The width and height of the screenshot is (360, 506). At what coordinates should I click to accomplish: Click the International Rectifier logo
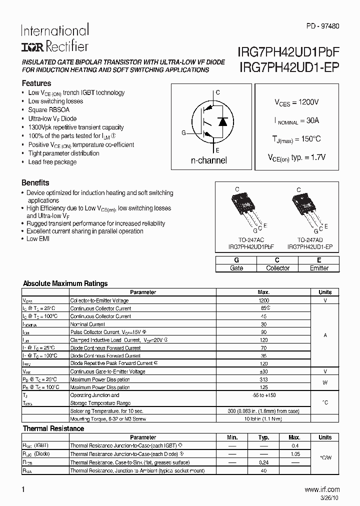[54, 38]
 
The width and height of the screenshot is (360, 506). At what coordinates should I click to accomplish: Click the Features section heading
[36, 83]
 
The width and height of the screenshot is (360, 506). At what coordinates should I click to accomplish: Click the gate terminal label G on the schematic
[183, 132]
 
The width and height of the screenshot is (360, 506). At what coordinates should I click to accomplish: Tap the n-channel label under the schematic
[209, 160]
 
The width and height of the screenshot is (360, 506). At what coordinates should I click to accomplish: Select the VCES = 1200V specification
[296, 102]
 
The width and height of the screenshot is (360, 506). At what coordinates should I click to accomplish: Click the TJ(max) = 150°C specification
[296, 139]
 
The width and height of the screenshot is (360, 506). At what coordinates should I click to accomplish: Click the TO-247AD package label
[309, 239]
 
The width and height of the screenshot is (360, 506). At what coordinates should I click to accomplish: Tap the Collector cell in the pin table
[277, 268]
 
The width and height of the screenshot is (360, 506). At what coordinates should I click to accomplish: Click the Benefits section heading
[35, 183]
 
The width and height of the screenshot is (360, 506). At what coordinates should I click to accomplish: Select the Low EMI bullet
[38, 239]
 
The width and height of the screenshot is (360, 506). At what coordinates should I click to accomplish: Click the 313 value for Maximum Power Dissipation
[263, 379]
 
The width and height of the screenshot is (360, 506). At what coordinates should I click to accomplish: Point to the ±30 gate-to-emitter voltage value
[263, 371]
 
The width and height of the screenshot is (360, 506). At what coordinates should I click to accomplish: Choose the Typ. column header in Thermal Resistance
[264, 437]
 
